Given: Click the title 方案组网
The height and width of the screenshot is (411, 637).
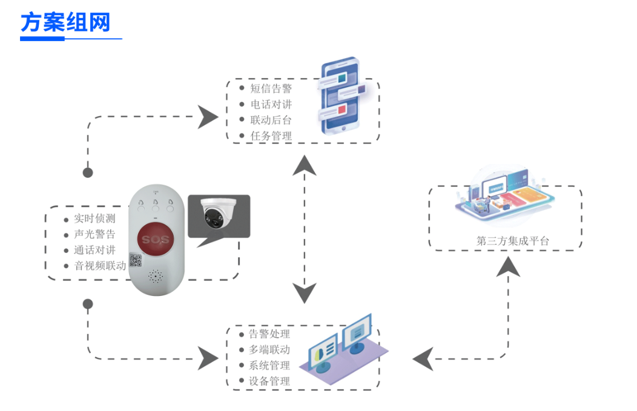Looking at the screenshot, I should pos(65,23).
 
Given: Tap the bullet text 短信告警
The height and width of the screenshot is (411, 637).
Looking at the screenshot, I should pos(271,88).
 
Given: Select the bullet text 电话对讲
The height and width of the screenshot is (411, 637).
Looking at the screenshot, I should pos(271,104).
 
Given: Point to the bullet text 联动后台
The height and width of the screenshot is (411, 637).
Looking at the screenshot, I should pos(271,120).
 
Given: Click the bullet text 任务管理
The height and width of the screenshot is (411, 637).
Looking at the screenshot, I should pos(271,136).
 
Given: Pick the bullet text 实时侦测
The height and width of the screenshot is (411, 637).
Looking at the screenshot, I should pos(94,219).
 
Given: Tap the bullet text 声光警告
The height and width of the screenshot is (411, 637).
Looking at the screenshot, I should pos(94,234).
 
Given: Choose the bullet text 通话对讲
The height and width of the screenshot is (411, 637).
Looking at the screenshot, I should pos(94,249).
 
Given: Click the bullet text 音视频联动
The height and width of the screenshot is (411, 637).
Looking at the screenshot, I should pos(100,265).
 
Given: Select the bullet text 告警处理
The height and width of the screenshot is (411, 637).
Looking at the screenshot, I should pos(269,334).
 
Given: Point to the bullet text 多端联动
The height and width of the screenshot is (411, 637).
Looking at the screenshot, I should pos(269,350).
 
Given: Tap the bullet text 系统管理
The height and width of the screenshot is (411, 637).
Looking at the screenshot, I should pos(269,366).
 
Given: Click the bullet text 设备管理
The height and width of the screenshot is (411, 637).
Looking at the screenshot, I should pos(269,381).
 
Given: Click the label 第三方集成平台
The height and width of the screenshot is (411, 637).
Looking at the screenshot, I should pos(513,241).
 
